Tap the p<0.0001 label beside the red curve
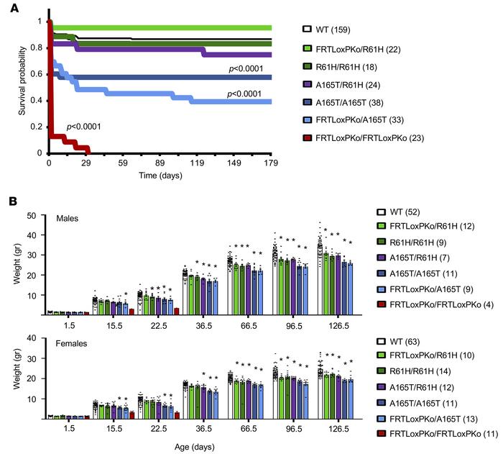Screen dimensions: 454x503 [x=83, y=127]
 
